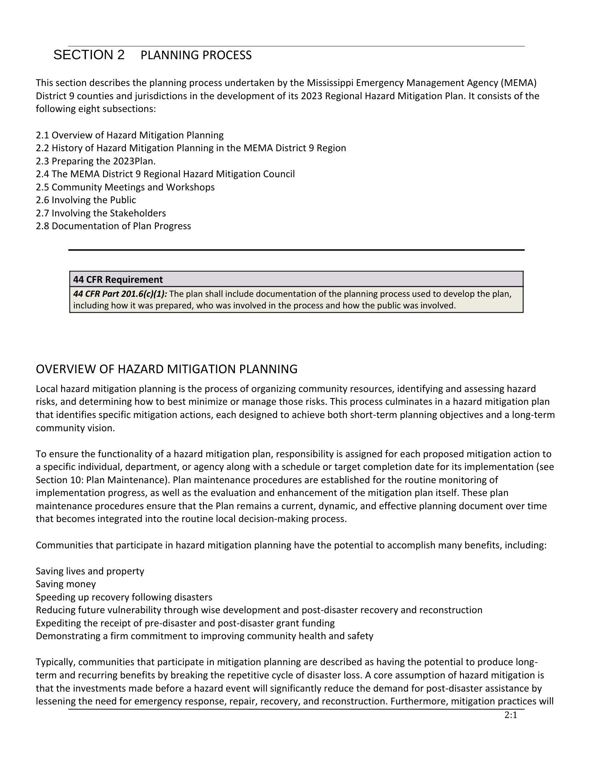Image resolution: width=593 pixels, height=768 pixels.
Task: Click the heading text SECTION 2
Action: coord(89,55)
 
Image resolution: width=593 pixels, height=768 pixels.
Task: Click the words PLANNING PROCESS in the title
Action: coord(196,55)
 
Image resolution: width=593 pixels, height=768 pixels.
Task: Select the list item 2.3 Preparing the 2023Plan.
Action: coord(96,161)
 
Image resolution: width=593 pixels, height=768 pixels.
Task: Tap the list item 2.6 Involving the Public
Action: coord(86,200)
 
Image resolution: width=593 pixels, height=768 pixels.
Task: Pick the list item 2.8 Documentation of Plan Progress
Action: coord(113,226)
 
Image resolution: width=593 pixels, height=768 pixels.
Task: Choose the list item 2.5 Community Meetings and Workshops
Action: coord(125,187)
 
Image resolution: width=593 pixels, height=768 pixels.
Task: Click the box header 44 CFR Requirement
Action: coord(118,280)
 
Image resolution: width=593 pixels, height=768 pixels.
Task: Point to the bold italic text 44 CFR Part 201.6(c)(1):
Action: coord(120,294)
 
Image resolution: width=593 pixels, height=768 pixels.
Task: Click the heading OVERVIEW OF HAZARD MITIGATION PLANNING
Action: coord(166,369)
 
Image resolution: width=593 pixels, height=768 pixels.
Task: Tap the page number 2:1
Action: coord(511,715)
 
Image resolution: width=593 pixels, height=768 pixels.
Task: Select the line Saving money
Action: coord(66,584)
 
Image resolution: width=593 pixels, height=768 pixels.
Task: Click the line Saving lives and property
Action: coord(90,571)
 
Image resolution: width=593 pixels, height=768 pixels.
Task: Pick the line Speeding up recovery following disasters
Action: coord(124,597)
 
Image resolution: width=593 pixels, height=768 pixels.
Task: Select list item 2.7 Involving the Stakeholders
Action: coord(101,213)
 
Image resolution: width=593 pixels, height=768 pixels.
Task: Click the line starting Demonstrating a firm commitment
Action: coord(204,636)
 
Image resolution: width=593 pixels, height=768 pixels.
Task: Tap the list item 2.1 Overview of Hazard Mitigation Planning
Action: coord(129,135)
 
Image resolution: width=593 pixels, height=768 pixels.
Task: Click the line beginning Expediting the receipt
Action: coord(185,623)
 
